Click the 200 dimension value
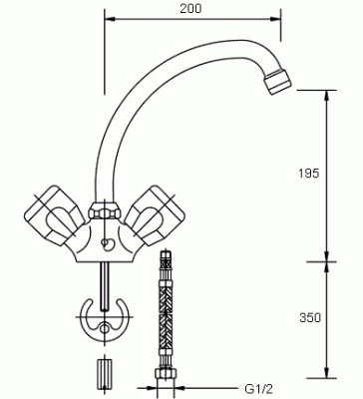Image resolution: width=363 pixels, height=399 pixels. [x=190, y=8]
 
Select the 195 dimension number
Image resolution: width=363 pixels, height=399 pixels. [x=309, y=174]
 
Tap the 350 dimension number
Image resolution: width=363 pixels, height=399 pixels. [x=310, y=317]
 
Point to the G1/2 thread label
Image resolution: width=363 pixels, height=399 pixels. [x=259, y=388]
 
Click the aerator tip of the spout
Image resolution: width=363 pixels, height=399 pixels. [x=277, y=82]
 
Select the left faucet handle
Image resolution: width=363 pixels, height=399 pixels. [x=54, y=215]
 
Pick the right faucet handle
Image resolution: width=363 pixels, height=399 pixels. [x=154, y=215]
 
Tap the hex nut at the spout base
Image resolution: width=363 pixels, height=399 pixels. [x=105, y=210]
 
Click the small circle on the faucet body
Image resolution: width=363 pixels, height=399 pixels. [x=107, y=243]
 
